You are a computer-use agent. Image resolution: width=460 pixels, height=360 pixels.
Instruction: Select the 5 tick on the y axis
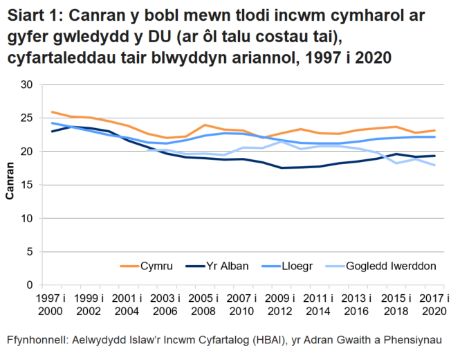[30, 251]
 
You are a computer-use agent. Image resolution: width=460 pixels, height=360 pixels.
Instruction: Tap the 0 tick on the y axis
[30, 285]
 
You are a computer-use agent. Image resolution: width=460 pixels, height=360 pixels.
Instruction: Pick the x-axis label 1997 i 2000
[53, 305]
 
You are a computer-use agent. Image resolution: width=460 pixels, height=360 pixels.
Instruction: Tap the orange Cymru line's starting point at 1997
[52, 112]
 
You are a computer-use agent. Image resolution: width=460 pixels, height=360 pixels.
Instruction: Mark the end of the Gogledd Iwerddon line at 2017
[434, 165]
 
